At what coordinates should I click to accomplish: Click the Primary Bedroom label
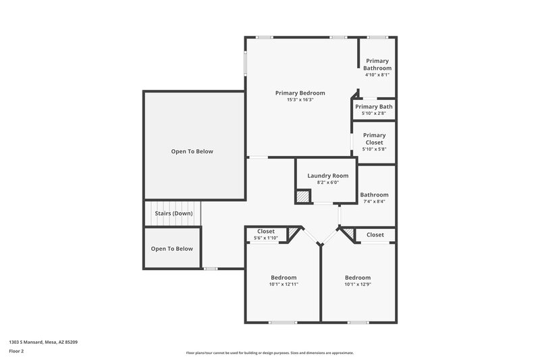coord(300,93)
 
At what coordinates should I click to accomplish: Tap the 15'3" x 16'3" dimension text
coord(300,100)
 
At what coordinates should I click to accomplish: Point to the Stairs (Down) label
coord(173,213)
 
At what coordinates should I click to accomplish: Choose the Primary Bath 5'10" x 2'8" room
coord(374,109)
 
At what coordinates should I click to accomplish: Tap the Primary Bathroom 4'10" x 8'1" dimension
coord(377,75)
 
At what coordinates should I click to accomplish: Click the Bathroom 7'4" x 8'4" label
coord(374,197)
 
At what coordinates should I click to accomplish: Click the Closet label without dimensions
coord(375,234)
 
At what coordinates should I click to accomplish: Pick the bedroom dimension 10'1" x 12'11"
coord(283,284)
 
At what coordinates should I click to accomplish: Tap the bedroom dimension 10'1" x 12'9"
coord(358,284)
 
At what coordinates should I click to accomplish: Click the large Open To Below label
coord(192,151)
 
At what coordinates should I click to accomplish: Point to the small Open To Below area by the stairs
coord(171,249)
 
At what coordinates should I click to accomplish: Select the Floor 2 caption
coord(17,351)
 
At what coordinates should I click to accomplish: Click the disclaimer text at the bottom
coord(269,353)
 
